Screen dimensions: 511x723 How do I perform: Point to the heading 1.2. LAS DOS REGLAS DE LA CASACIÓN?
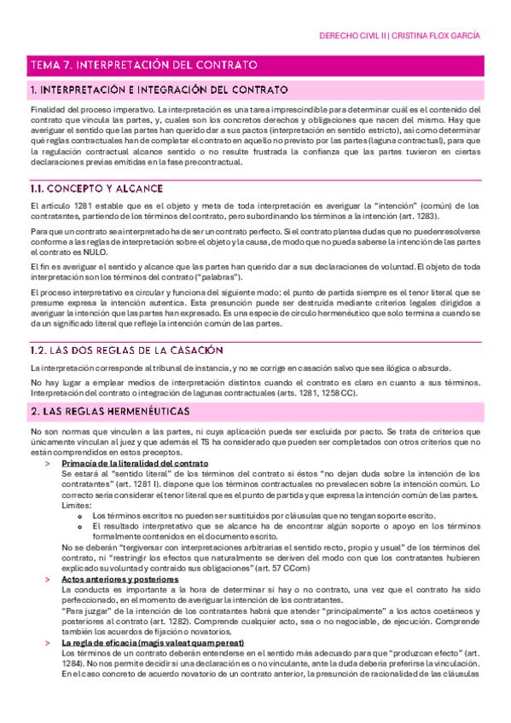[126, 350]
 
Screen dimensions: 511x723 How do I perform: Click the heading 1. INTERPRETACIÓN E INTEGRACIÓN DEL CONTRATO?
[158, 90]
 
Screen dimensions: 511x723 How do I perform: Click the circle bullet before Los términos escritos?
[79, 516]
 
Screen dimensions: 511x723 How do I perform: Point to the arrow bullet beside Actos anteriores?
[48, 580]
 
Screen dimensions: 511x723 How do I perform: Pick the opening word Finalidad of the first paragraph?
[49, 110]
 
